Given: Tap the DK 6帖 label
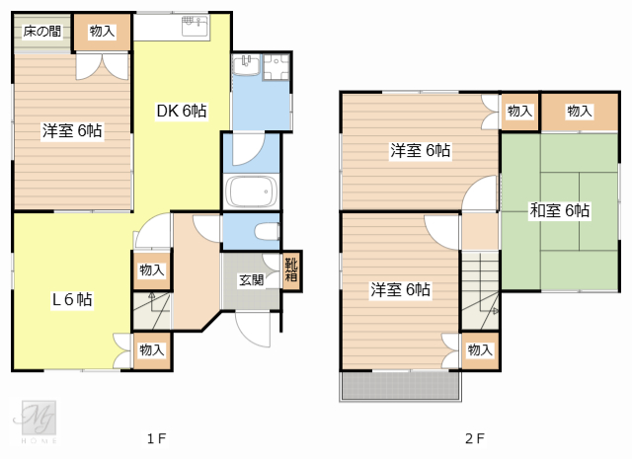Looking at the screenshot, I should pos(182,112).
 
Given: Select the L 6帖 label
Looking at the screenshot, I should pos(71,299).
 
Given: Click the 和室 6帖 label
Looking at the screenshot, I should pos(559,210).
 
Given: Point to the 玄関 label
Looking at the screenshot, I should pos(251,279).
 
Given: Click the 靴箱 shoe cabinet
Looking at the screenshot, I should pos(291,270).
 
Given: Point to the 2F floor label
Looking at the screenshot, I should pos(475,436).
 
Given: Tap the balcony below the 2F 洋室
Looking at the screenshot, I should pos(399,386).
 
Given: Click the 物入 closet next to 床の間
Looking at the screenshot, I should pos(102,33).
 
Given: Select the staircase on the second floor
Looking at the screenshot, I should pos(480,289).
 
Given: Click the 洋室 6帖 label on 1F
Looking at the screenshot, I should pos(72,129).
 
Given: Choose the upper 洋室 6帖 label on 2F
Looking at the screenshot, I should pos(420,151).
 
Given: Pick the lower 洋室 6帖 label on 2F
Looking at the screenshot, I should pos(400,289).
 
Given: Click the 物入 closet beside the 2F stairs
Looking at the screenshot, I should pos(480,349).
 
